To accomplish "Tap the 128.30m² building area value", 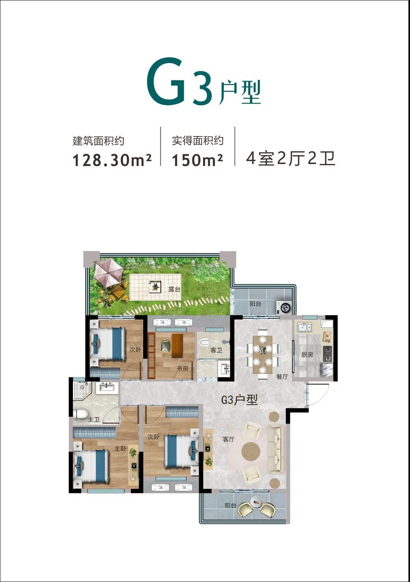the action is (x=112, y=160).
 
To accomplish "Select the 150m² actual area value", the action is (x=197, y=160).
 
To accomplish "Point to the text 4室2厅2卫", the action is (x=291, y=158).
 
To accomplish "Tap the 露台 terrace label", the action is (x=174, y=289).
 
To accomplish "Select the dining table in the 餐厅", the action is (x=263, y=351).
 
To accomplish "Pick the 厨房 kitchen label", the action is (x=307, y=354).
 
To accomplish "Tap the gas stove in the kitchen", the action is (x=328, y=354).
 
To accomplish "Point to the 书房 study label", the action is (x=183, y=368).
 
